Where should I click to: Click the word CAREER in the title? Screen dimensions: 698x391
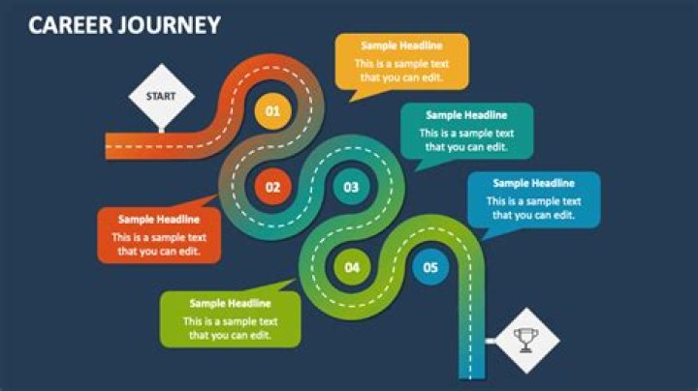point(71,25)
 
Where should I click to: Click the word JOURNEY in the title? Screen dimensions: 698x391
point(170,25)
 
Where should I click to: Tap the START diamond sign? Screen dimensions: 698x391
point(161,96)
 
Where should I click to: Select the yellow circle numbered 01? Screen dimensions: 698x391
point(272,111)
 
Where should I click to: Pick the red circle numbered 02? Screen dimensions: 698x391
point(272,187)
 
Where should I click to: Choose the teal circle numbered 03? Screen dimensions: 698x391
point(351,187)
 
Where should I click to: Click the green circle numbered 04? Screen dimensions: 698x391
point(352,267)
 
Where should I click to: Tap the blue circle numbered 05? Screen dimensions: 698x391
point(430,267)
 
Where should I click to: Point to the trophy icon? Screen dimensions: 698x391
point(526,341)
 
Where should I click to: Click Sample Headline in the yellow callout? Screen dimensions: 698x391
point(401,45)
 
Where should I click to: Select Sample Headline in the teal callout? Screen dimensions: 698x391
point(466,115)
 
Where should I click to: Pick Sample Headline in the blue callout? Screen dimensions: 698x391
point(534,183)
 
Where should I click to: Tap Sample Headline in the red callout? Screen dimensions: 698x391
point(159,219)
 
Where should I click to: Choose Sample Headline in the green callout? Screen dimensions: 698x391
point(230,303)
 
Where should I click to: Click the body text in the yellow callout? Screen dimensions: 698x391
point(401,71)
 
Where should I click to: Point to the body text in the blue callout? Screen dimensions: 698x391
point(534,208)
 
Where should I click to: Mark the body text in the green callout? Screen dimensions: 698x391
point(230,328)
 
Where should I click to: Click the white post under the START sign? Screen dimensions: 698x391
point(162,130)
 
